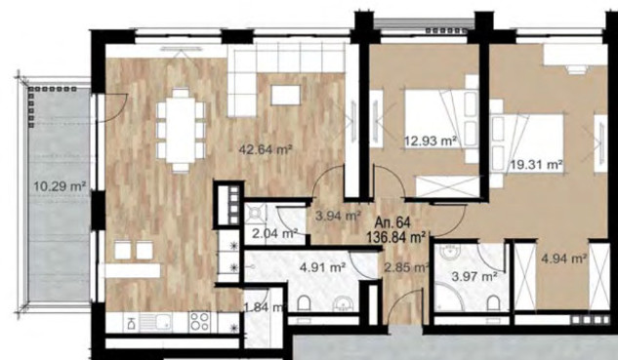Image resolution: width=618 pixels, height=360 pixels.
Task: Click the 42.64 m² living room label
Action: point(266,150)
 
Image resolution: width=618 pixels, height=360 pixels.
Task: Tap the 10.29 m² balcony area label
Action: point(60,185)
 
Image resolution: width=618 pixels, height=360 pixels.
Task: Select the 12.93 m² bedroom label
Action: point(431,140)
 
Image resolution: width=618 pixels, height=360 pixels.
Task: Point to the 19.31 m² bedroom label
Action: point(536,164)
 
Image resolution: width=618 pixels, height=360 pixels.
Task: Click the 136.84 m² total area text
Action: point(395,237)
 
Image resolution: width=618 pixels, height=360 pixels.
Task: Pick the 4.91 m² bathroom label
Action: point(323,268)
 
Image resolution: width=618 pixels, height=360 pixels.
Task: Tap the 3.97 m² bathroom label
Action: point(474,276)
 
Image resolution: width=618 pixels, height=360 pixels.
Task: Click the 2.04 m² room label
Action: point(274,234)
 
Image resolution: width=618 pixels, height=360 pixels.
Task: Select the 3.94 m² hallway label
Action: point(339,216)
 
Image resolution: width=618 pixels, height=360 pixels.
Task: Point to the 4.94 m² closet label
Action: point(564,259)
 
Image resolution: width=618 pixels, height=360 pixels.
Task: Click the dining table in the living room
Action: point(181,130)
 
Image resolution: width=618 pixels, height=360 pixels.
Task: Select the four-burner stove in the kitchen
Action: point(200,322)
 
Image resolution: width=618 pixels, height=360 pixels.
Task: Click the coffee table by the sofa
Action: point(286,95)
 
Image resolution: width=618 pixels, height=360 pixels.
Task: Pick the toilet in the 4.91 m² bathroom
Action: point(304,304)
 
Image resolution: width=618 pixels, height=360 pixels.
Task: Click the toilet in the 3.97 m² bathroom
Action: point(493,303)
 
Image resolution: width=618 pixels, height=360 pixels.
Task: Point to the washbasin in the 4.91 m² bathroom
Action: point(343,304)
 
